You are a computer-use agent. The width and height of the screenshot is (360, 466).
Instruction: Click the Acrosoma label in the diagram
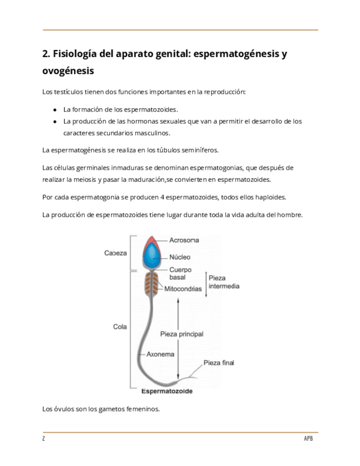[x=184, y=240]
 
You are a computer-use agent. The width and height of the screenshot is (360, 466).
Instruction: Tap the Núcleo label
[x=180, y=257]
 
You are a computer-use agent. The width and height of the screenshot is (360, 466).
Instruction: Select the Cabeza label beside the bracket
[x=115, y=253]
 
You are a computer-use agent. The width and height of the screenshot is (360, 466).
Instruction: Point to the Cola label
[x=120, y=326]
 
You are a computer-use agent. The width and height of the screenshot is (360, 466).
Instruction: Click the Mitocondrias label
[x=183, y=289]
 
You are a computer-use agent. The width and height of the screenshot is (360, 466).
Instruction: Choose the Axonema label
[x=160, y=354]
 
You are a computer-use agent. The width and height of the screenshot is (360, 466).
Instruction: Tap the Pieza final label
[x=219, y=363]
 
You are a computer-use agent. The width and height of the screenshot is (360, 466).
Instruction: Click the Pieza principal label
[x=181, y=334]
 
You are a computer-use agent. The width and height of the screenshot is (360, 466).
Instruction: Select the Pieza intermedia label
[x=224, y=282]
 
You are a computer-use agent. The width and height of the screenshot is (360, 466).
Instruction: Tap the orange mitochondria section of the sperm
[x=151, y=284]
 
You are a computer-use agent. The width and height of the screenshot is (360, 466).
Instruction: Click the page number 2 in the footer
[x=43, y=439]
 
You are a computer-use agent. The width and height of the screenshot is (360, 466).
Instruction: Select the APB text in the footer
[x=308, y=439]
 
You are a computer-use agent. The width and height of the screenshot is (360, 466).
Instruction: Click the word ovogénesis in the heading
[x=68, y=71]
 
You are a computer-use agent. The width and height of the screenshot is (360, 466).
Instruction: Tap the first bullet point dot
[x=55, y=110]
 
